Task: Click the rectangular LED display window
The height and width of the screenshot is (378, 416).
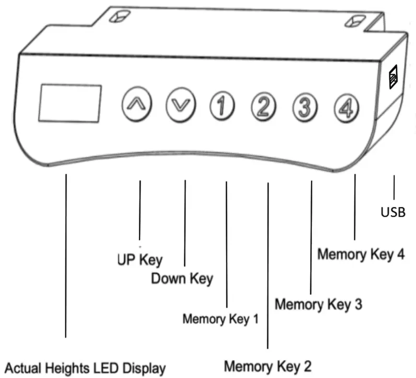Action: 70,102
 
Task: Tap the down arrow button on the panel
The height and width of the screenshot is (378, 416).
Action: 180,103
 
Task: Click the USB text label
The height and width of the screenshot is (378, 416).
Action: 393,212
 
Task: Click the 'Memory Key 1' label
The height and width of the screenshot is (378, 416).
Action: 220,319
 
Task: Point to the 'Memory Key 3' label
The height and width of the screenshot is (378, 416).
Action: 318,304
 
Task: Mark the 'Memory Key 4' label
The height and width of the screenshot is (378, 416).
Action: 361,254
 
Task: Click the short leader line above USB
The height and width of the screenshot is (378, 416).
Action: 393,187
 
